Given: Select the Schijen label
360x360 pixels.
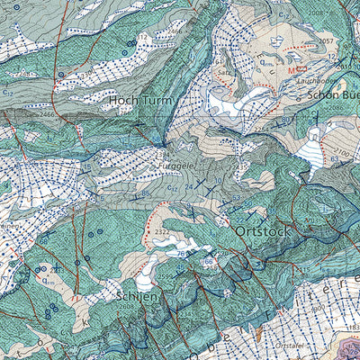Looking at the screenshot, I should [137, 294].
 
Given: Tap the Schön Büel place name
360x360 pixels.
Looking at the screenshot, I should [333, 94].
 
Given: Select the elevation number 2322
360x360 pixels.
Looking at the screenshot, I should [163, 232].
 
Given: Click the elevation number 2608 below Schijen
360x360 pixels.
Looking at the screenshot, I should [125, 307].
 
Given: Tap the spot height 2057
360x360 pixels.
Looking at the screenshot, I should [326, 41].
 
